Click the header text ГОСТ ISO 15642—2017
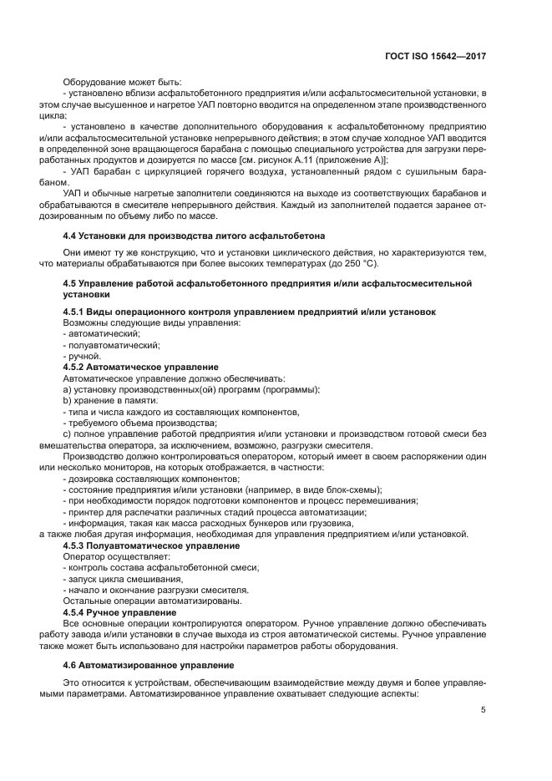437,57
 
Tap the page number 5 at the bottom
483,710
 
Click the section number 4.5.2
79,367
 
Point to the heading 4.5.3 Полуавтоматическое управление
151,545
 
